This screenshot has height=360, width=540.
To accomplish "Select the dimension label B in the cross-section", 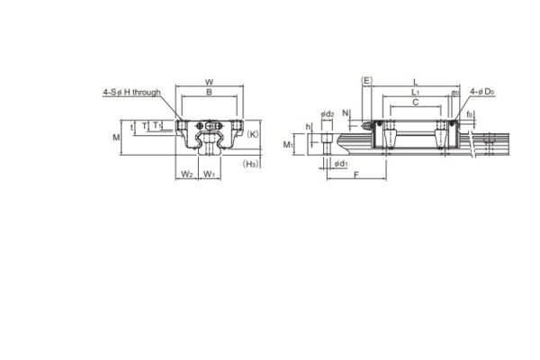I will click(x=209, y=93).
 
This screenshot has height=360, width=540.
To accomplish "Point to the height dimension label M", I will click(x=116, y=138).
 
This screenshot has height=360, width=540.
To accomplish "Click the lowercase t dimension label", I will click(x=132, y=127).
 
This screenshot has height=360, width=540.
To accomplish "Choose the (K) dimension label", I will click(x=253, y=135).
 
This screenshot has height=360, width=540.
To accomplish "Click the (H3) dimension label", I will click(x=253, y=164).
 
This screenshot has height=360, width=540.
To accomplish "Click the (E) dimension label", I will click(x=366, y=81).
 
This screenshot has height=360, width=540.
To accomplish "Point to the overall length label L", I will click(x=414, y=81).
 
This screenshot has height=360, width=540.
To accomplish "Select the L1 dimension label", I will click(x=414, y=93).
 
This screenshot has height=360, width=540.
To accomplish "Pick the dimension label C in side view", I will click(x=414, y=103).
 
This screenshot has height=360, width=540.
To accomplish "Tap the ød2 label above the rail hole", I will click(x=328, y=114).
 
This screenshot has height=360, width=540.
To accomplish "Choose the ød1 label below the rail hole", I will click(x=339, y=165).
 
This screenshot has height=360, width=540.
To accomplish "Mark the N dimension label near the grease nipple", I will click(x=346, y=113).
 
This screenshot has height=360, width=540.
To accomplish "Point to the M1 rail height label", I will click(x=289, y=144).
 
